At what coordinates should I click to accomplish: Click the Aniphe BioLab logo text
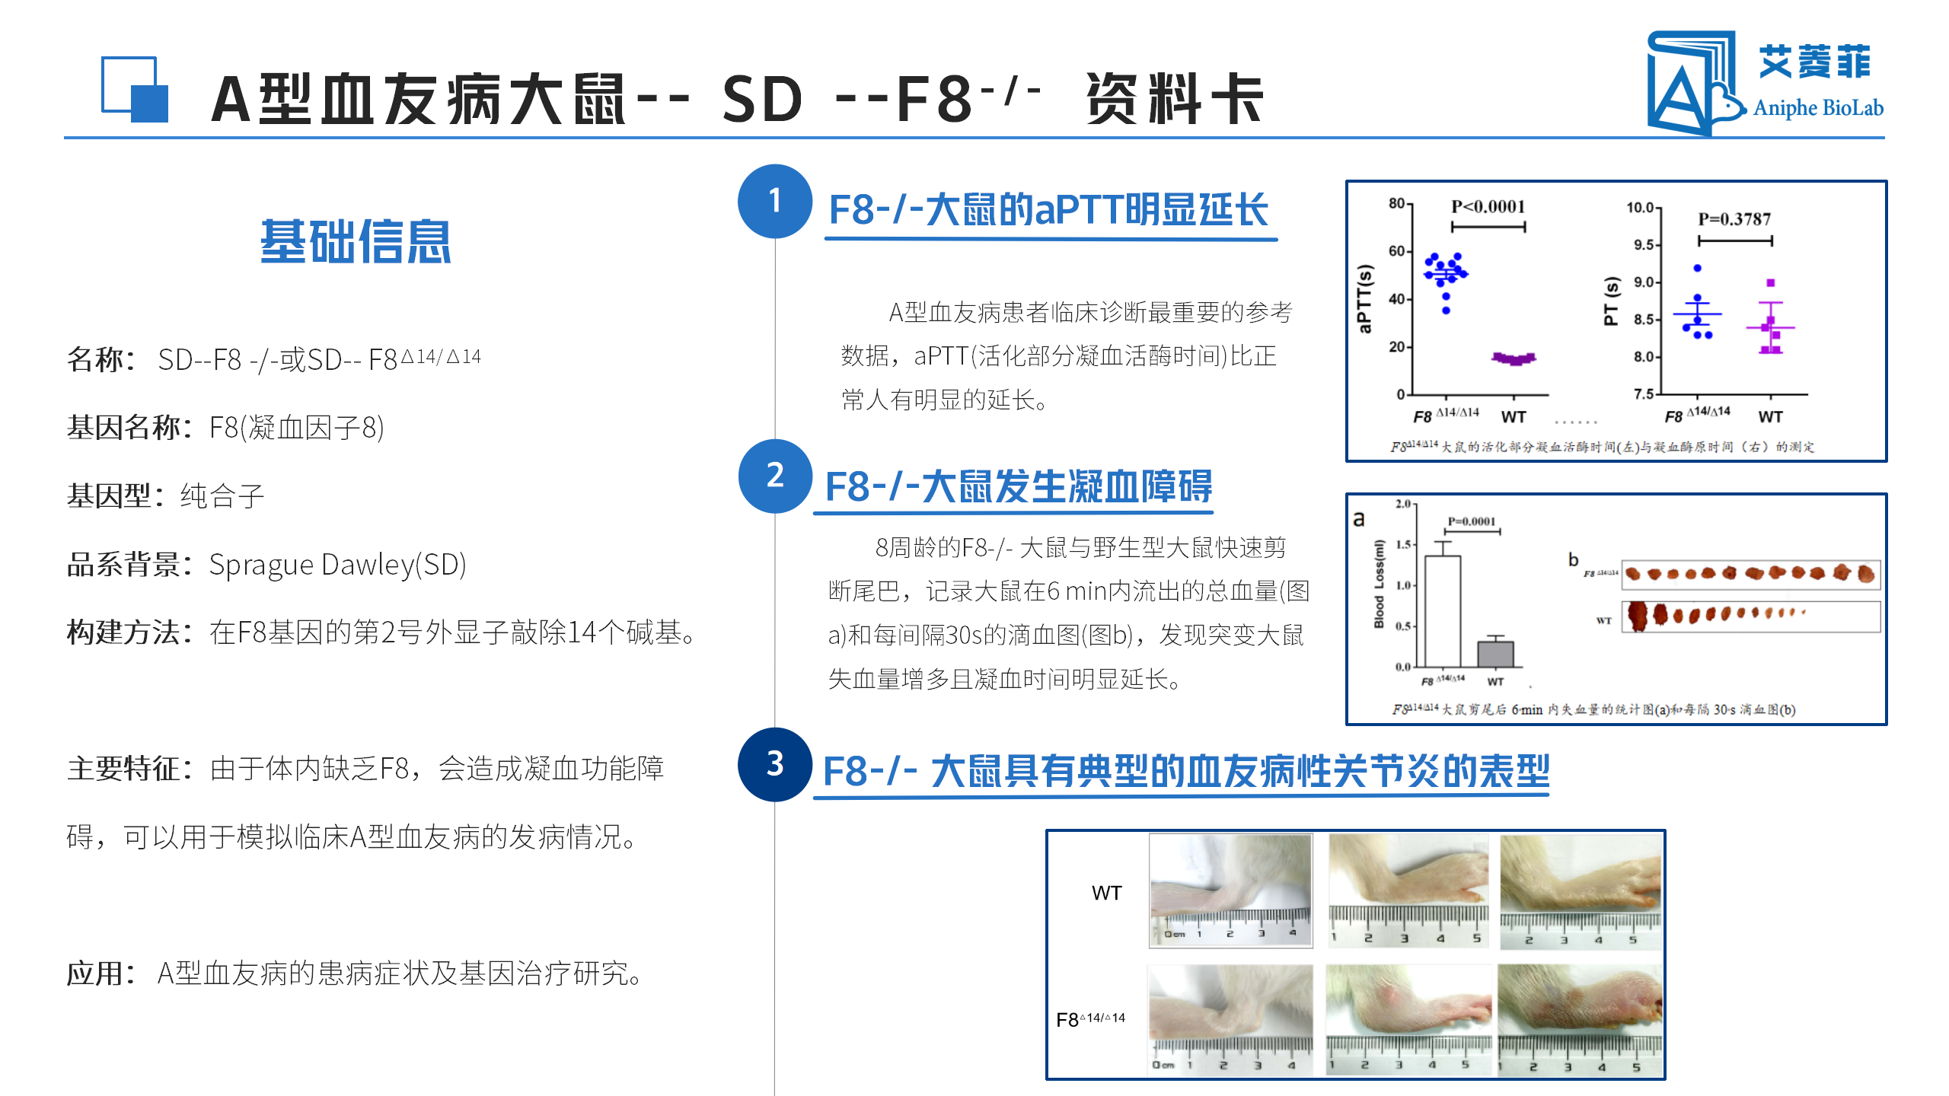point(1818,108)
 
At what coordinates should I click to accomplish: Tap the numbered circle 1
point(774,202)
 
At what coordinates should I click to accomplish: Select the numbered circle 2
point(774,476)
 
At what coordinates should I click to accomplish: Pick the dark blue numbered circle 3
point(774,764)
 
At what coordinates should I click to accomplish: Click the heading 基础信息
point(356,242)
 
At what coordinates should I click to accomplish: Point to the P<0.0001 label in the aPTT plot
point(1488,206)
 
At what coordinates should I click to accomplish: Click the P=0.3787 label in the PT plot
point(1734,219)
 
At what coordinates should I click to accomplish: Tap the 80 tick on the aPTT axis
point(1396,203)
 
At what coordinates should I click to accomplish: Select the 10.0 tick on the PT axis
point(1640,208)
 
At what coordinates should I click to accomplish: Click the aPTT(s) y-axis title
point(1364,299)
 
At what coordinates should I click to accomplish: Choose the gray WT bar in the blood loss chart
point(1495,654)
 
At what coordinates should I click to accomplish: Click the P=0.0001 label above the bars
point(1471,521)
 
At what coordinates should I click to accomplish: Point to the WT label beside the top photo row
point(1106,893)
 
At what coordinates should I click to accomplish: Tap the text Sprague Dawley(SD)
point(337,565)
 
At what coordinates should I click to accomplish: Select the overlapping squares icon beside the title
point(135,89)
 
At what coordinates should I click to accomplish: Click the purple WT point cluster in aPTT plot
point(1514,358)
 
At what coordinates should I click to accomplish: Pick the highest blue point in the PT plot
point(1697,269)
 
